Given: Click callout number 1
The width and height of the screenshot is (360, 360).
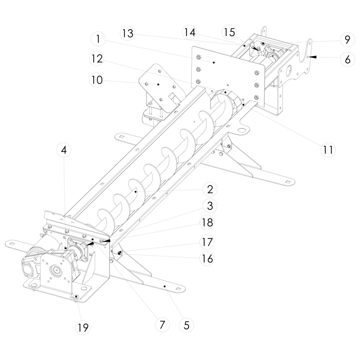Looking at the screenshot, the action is [98, 39].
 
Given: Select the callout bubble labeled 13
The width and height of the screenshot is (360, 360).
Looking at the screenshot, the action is [127, 33].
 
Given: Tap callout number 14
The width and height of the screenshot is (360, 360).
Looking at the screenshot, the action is [190, 32].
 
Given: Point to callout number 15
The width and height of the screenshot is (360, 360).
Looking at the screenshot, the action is [229, 32].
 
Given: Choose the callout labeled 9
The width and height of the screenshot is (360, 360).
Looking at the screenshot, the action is [347, 39].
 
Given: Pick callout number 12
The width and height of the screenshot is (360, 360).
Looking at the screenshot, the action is [96, 59].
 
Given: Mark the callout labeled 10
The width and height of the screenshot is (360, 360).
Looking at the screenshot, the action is [96, 80].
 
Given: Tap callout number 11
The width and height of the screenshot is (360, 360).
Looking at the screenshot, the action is [328, 150].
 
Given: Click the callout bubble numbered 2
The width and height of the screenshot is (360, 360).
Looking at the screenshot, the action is [210, 189].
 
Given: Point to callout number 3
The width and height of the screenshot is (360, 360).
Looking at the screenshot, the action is [210, 206].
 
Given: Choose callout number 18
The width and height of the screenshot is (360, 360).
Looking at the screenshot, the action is [207, 222].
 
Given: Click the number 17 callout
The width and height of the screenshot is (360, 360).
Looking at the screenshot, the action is [207, 242].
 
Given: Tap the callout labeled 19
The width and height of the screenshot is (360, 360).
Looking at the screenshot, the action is [82, 328].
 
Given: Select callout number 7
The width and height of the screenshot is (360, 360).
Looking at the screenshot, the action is [162, 325].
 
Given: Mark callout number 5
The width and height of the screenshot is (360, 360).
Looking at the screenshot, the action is [186, 325].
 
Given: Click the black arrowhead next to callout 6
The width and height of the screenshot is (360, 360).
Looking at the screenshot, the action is [313, 57].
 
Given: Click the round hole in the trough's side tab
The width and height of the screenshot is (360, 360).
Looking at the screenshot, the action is [242, 130].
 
